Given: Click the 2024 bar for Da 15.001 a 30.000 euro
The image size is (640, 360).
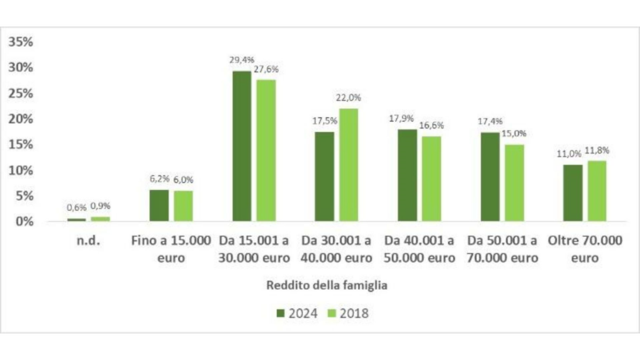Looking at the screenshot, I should click(x=242, y=146).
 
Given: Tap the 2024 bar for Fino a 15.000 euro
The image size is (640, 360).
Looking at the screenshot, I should click(x=159, y=206).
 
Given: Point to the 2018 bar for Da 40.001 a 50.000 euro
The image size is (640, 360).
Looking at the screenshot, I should click(x=431, y=179).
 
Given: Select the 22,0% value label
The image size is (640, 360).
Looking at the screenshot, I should click(x=349, y=98).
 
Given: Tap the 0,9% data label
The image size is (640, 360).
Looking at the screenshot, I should click(x=101, y=206).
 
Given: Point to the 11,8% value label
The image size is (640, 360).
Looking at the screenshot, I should click(x=597, y=151).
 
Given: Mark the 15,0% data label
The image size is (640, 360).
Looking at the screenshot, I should click(x=514, y=134).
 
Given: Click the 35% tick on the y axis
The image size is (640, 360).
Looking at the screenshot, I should click(x=21, y=42).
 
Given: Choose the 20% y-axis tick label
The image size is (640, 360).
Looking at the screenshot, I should click(x=21, y=119).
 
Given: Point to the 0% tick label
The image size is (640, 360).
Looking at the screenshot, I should click(x=24, y=221).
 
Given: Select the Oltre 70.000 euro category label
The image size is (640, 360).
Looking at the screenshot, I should click(x=584, y=249).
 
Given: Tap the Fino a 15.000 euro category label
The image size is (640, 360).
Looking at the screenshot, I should click(x=171, y=249).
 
